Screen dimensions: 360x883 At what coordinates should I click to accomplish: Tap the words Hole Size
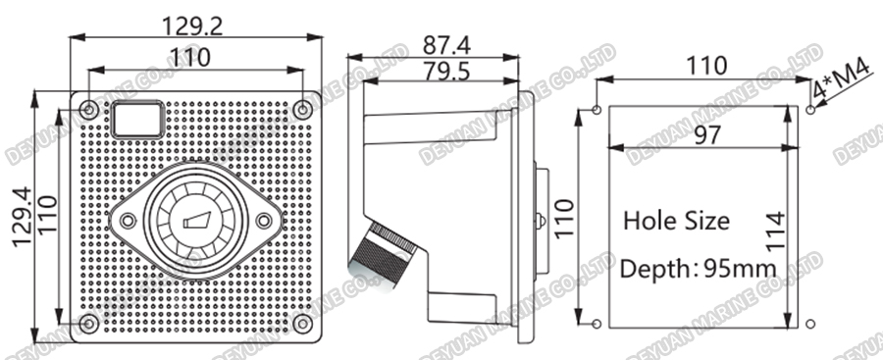click(676, 221)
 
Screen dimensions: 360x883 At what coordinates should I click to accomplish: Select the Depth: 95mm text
click(698, 268)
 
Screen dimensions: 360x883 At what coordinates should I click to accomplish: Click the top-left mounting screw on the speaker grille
click(89, 110)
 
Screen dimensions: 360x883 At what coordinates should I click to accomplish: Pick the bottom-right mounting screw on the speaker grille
click(303, 323)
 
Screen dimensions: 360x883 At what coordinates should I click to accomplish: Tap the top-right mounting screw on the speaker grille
click(303, 110)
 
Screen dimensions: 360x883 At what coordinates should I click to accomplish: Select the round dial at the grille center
click(195, 221)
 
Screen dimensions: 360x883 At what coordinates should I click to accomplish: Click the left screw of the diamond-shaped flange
click(128, 221)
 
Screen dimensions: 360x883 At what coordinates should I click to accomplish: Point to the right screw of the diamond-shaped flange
click(263, 221)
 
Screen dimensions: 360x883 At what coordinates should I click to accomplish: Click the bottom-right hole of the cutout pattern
click(808, 323)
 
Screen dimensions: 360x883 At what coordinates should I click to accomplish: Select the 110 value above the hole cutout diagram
click(706, 66)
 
